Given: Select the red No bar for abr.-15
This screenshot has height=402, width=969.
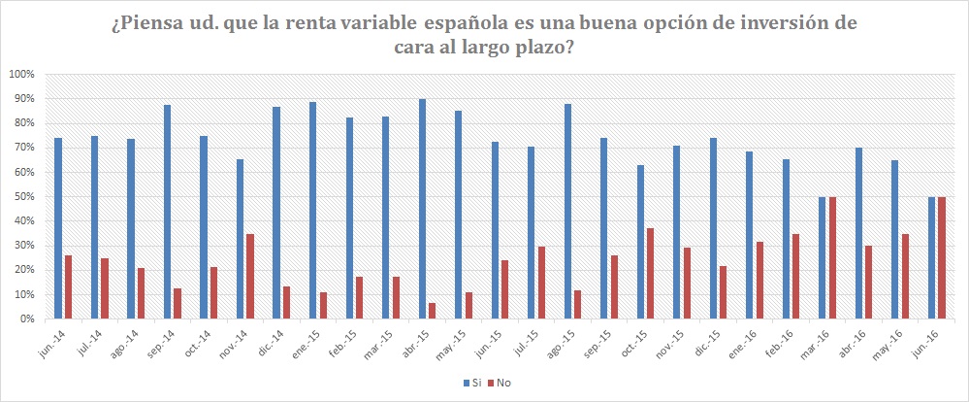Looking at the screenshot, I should click(x=432, y=311).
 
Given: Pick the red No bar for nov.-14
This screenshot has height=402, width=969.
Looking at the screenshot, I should click(x=249, y=276).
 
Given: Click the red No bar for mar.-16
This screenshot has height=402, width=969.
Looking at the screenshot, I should click(x=832, y=257).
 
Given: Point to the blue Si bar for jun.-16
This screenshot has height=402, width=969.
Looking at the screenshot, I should click(x=932, y=257).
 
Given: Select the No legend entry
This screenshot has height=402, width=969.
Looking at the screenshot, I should click(x=501, y=383).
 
